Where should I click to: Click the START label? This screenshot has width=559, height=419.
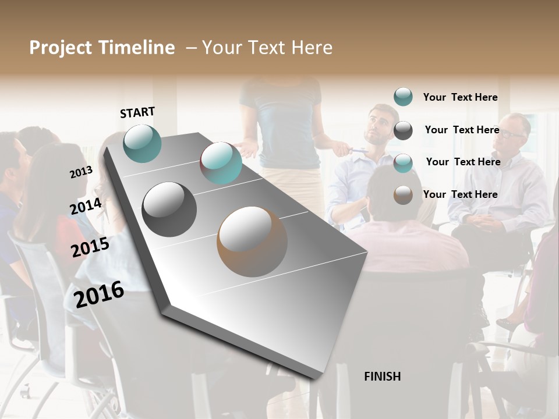pyautogui.click(x=137, y=112)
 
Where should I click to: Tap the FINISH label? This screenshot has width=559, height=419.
pyautogui.click(x=382, y=377)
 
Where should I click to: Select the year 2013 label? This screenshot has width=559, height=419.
pyautogui.click(x=81, y=172)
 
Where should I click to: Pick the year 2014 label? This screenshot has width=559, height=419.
pyautogui.click(x=86, y=207)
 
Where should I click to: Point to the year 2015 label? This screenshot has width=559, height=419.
pyautogui.click(x=90, y=247)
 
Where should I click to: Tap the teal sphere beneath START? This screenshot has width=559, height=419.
pyautogui.click(x=142, y=143)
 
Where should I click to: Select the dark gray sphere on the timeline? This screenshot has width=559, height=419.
pyautogui.click(x=169, y=209)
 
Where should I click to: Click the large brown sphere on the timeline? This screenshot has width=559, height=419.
pyautogui.click(x=252, y=241)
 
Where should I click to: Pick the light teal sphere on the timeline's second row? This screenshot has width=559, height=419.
pyautogui.click(x=221, y=163)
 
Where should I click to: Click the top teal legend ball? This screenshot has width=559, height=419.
pyautogui.click(x=403, y=97)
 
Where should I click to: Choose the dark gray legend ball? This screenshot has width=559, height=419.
pyautogui.click(x=403, y=130)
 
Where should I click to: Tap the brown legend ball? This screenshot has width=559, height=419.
pyautogui.click(x=403, y=195)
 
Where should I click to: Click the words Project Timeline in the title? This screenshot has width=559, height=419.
pyautogui.click(x=102, y=48)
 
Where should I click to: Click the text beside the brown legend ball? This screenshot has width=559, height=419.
pyautogui.click(x=460, y=194)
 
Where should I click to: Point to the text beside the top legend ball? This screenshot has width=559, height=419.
pyautogui.click(x=460, y=97)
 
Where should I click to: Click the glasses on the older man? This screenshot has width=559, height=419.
pyautogui.click(x=512, y=134)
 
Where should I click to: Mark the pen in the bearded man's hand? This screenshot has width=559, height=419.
pyautogui.click(x=359, y=151)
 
